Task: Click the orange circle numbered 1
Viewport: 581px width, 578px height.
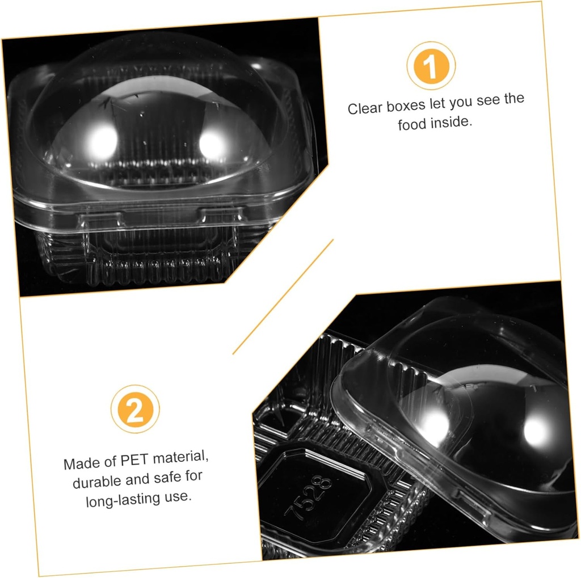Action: pos(431,66)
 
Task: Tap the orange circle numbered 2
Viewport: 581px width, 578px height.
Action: pos(135,408)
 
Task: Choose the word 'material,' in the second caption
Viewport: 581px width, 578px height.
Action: pos(181,458)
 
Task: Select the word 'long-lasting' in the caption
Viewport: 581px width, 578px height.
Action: pos(123,500)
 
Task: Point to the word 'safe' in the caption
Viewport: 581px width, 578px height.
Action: pos(167,478)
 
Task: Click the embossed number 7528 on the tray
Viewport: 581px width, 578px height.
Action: pos(308,497)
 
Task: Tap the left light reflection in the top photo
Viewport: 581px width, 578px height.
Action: pos(102,142)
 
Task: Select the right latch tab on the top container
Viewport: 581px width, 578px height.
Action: pos(221,215)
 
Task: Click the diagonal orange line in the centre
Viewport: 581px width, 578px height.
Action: pos(283,297)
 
